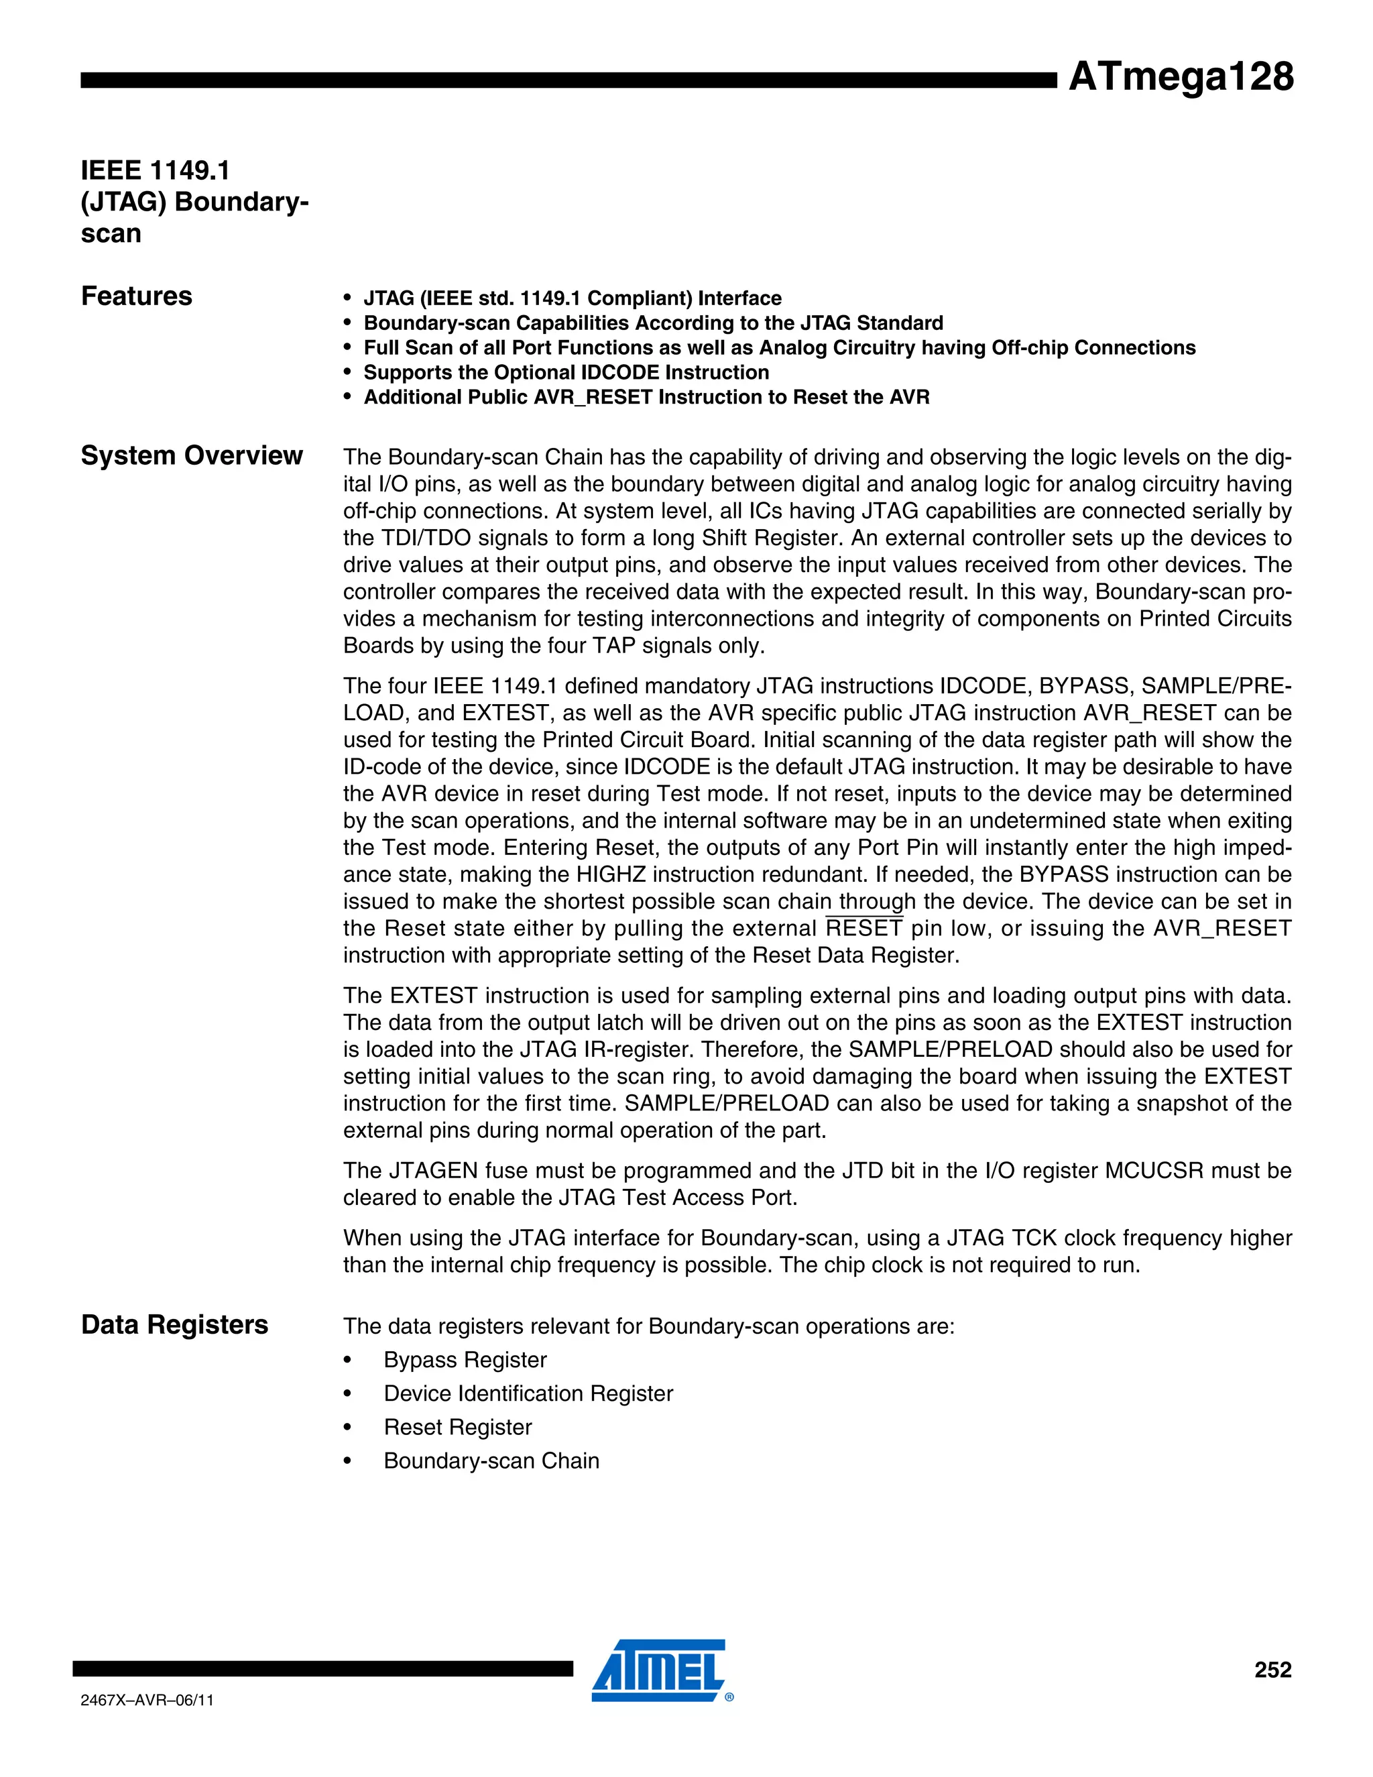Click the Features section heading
pyautogui.click(x=137, y=296)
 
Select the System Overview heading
pyautogui.click(x=191, y=455)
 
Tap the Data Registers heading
pyautogui.click(x=174, y=1324)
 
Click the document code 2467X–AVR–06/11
pyautogui.click(x=147, y=1701)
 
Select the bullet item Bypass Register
pyautogui.click(x=465, y=1360)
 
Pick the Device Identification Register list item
pyautogui.click(x=528, y=1394)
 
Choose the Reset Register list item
pyautogui.click(x=457, y=1427)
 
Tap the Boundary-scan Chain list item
pyautogui.click(x=491, y=1460)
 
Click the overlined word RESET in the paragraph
pyautogui.click(x=863, y=928)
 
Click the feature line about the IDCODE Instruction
pyautogui.click(x=565, y=373)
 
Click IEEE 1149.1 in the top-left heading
pyautogui.click(x=156, y=171)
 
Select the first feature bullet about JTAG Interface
pyautogui.click(x=572, y=298)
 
